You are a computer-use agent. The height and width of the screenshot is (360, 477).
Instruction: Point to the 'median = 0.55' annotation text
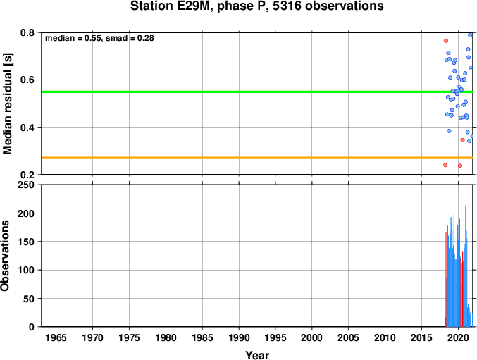click(73, 38)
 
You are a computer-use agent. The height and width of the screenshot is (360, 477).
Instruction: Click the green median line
click(257, 92)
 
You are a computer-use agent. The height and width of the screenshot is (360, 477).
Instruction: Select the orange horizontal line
click(257, 158)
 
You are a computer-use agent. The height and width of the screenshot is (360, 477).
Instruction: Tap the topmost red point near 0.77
click(446, 41)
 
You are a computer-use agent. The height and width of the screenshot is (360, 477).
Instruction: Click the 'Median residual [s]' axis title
click(7, 104)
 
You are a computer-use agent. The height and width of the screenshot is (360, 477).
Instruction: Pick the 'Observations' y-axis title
click(5, 256)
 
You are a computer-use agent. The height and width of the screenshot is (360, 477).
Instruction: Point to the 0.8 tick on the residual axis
click(27, 32)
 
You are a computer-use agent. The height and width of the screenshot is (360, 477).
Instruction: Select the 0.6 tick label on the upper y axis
click(27, 80)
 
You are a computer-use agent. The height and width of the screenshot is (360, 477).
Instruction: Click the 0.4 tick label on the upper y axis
click(27, 128)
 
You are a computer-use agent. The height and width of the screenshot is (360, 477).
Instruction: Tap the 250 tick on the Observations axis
click(26, 185)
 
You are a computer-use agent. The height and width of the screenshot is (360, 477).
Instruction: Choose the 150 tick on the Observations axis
click(26, 242)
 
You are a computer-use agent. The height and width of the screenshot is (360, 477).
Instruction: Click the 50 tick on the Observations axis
click(29, 299)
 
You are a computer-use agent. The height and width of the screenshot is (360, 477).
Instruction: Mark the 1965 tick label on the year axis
click(56, 337)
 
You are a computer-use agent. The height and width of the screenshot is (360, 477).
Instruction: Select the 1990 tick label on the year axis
click(239, 337)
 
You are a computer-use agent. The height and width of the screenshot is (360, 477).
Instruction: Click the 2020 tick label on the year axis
click(458, 337)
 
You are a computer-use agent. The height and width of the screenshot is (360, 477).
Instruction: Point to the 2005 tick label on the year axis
click(348, 337)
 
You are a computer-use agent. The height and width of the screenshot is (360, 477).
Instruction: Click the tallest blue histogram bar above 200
click(466, 266)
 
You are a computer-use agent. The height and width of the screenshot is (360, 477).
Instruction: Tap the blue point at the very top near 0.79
click(470, 35)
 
